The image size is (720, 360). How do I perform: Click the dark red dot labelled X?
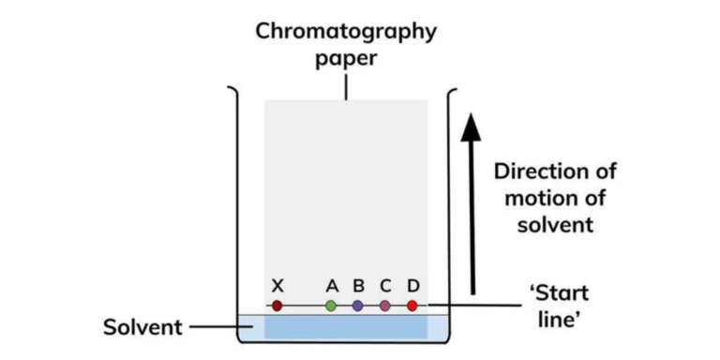tap(277, 306)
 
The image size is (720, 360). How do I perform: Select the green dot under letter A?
tap(331, 306)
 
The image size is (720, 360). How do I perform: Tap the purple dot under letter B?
tap(358, 306)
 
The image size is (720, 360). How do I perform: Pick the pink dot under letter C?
tap(385, 306)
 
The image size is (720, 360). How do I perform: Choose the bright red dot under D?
tap(412, 306)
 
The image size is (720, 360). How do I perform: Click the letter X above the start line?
tap(277, 285)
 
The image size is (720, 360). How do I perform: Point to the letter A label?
tap(331, 285)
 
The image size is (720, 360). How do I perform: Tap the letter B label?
tap(358, 285)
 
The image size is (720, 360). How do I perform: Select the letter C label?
tap(385, 285)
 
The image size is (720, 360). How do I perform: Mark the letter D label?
tap(412, 285)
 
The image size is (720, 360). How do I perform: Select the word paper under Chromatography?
tap(346, 59)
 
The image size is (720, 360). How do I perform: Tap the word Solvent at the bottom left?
tap(141, 328)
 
